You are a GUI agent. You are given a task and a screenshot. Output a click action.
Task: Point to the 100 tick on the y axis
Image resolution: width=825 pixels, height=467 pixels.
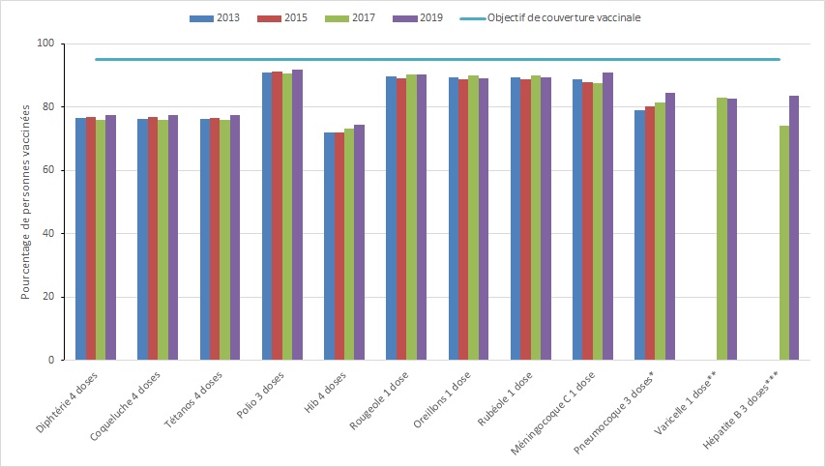44,44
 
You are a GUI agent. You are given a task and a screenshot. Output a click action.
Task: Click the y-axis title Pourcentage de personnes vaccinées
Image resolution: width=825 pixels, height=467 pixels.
26,201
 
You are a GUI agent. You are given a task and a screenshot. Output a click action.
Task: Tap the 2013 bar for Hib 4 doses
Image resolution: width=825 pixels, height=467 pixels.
329,246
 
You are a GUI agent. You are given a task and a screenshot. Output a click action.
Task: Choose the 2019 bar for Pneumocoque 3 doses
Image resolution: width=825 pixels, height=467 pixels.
670,226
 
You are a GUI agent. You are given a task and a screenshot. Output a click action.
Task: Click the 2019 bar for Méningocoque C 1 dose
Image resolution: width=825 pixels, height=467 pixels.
607,217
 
